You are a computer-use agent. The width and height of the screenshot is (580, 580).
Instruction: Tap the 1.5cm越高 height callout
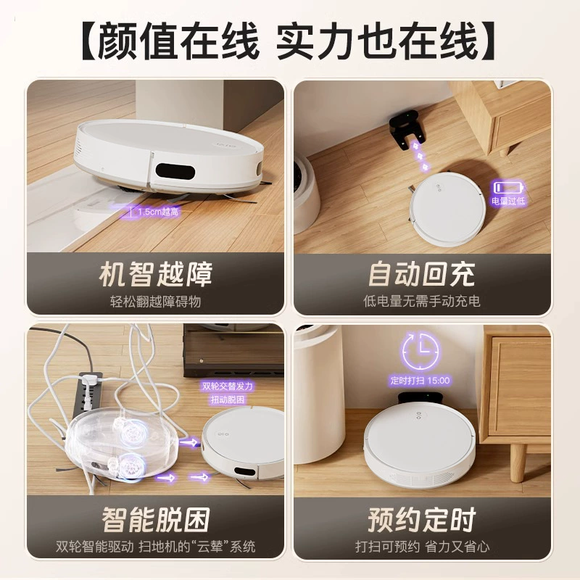158,212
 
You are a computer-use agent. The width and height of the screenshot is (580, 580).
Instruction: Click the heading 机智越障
156,275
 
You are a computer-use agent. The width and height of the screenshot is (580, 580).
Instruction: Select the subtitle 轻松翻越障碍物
155,302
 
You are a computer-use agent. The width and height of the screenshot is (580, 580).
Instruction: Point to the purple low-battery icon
509,187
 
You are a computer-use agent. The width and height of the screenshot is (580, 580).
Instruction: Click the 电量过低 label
508,201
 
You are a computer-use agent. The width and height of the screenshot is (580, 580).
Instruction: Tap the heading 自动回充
422,275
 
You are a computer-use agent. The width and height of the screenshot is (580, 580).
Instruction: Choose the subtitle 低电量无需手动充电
422,301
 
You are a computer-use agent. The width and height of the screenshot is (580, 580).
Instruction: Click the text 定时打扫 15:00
420,380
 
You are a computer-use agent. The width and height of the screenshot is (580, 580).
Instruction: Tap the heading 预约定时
422,520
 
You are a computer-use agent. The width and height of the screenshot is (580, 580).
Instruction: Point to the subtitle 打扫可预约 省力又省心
422,547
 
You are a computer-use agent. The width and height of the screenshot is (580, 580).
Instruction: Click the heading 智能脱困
156,520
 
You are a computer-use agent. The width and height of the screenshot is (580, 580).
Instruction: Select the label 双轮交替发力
228,386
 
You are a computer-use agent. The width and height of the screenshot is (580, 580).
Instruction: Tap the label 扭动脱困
228,399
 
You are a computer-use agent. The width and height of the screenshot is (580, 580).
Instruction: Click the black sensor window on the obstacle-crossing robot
175,171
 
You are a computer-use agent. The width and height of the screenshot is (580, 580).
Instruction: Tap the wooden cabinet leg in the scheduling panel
517,463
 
